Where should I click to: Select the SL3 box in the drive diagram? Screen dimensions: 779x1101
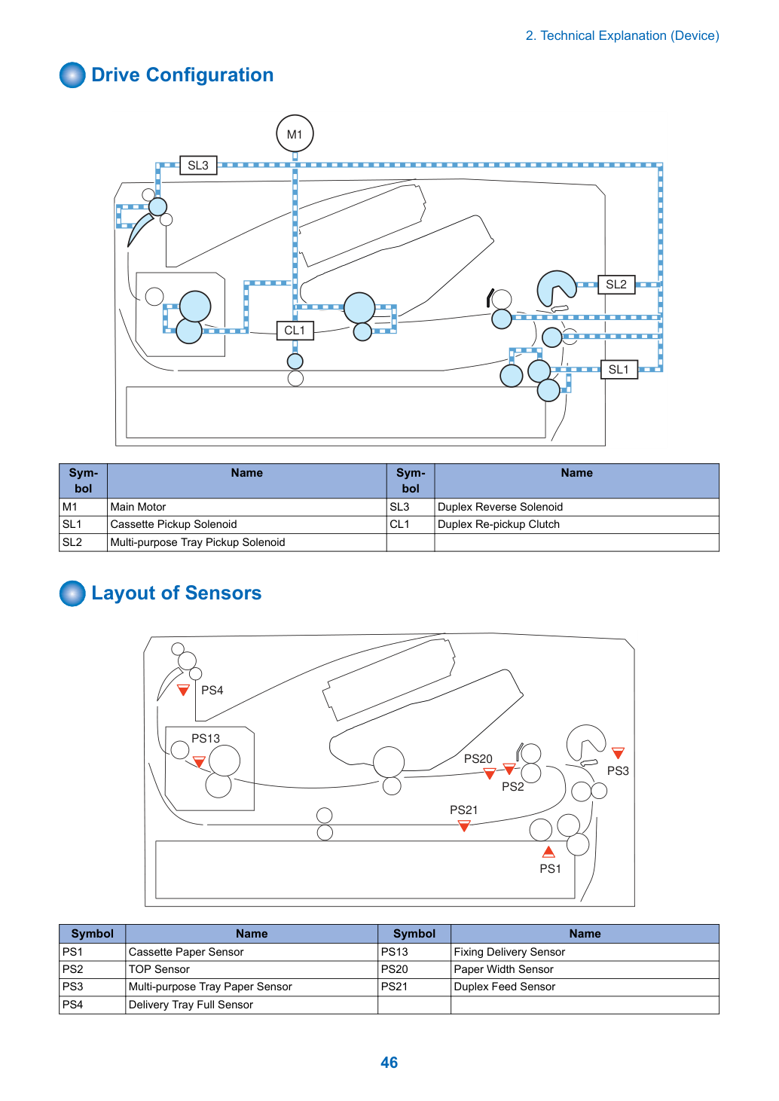[x=198, y=165]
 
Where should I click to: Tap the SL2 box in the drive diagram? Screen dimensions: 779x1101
[x=616, y=285]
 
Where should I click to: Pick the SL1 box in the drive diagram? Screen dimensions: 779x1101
[x=619, y=370]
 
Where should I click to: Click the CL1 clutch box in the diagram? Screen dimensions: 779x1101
[x=295, y=331]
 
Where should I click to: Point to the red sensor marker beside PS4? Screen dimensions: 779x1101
[x=183, y=690]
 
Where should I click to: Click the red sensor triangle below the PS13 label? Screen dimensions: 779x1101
[x=199, y=762]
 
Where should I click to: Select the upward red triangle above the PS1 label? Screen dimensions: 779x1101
[x=548, y=852]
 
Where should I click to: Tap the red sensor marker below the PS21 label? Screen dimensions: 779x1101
[x=464, y=826]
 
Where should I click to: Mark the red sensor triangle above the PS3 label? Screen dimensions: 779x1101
[x=619, y=753]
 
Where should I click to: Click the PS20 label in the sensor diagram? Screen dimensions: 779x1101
[x=478, y=759]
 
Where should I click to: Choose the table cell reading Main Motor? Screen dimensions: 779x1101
[x=247, y=507]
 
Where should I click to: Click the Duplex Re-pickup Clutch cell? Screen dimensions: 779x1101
[x=576, y=524]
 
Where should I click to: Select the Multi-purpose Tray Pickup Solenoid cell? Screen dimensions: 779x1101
[x=247, y=542]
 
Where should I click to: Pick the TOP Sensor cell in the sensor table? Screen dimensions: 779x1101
[x=252, y=969]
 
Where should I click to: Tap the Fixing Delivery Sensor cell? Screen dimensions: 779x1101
[x=585, y=952]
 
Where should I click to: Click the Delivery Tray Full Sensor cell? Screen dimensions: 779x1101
[x=252, y=1005]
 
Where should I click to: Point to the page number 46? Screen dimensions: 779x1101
[x=389, y=1063]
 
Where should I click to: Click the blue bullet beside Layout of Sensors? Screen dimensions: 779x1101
[x=72, y=593]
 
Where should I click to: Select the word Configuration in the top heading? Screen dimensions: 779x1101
[x=209, y=75]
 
